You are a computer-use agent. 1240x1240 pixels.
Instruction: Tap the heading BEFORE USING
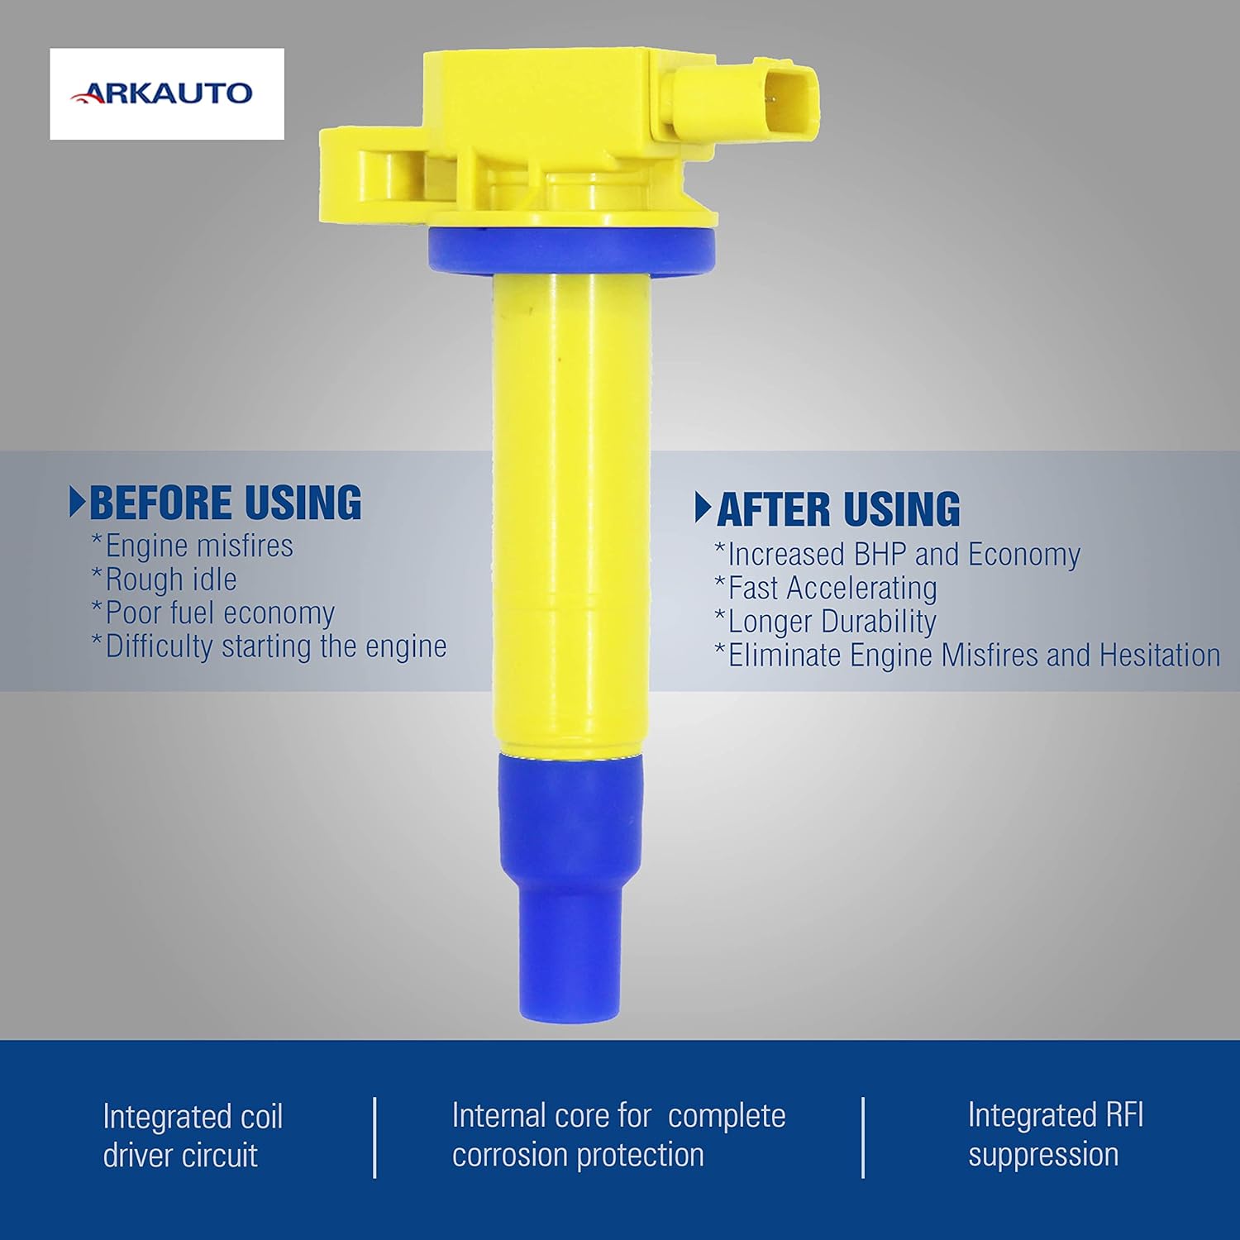225,503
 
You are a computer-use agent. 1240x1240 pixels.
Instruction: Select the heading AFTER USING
838,508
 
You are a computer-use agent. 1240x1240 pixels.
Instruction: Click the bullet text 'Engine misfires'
192,546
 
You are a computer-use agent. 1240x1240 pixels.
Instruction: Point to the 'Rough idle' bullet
164,579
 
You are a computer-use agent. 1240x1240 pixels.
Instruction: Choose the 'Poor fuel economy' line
212,613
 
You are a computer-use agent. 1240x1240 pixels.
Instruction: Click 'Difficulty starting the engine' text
269,646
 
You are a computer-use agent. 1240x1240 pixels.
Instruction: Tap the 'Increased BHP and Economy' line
897,555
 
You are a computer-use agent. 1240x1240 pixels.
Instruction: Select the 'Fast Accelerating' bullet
826,589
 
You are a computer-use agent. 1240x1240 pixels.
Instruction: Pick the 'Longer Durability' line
825,622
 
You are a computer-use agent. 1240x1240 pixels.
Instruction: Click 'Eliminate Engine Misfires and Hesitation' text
967,656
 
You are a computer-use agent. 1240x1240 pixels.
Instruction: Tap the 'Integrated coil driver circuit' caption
193,1136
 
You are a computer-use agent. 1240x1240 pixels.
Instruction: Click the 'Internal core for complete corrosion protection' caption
618,1135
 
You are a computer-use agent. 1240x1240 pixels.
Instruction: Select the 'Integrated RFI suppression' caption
1056,1134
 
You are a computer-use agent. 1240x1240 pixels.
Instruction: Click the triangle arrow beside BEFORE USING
77,503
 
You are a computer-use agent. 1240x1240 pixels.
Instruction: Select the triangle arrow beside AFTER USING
703,508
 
